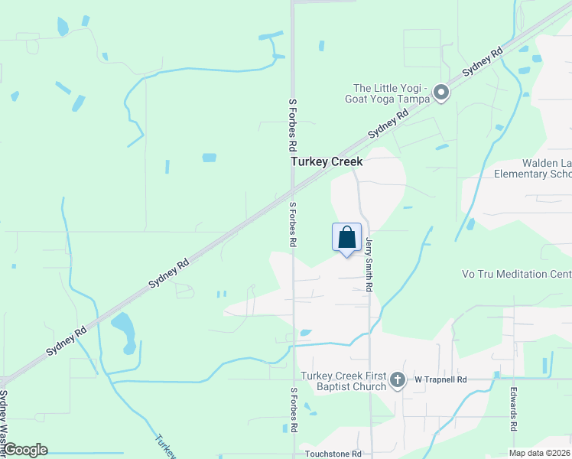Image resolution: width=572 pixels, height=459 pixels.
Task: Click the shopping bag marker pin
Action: [x=346, y=237]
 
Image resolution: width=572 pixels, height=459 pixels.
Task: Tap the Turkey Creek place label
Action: [x=326, y=162]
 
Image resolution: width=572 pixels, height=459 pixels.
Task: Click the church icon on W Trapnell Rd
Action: [x=397, y=379]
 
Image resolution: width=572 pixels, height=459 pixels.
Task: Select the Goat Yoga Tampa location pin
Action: [x=440, y=93]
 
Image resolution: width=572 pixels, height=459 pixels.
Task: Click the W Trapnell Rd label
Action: [x=440, y=379]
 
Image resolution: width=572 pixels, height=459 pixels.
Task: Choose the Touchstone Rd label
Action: [x=331, y=454]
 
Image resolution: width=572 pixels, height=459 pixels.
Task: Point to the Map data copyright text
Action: [x=539, y=453]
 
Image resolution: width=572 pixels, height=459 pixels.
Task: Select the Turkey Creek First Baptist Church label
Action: [x=343, y=381]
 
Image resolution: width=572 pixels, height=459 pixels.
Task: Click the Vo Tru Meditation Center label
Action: [x=516, y=274]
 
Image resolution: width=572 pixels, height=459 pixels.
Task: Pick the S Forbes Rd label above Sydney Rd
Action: [x=292, y=123]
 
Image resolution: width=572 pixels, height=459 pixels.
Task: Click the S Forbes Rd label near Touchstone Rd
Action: [x=293, y=411]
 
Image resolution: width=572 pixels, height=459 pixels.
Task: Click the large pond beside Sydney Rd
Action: [x=124, y=330]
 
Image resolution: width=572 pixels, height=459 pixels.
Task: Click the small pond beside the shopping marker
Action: [x=305, y=332]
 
